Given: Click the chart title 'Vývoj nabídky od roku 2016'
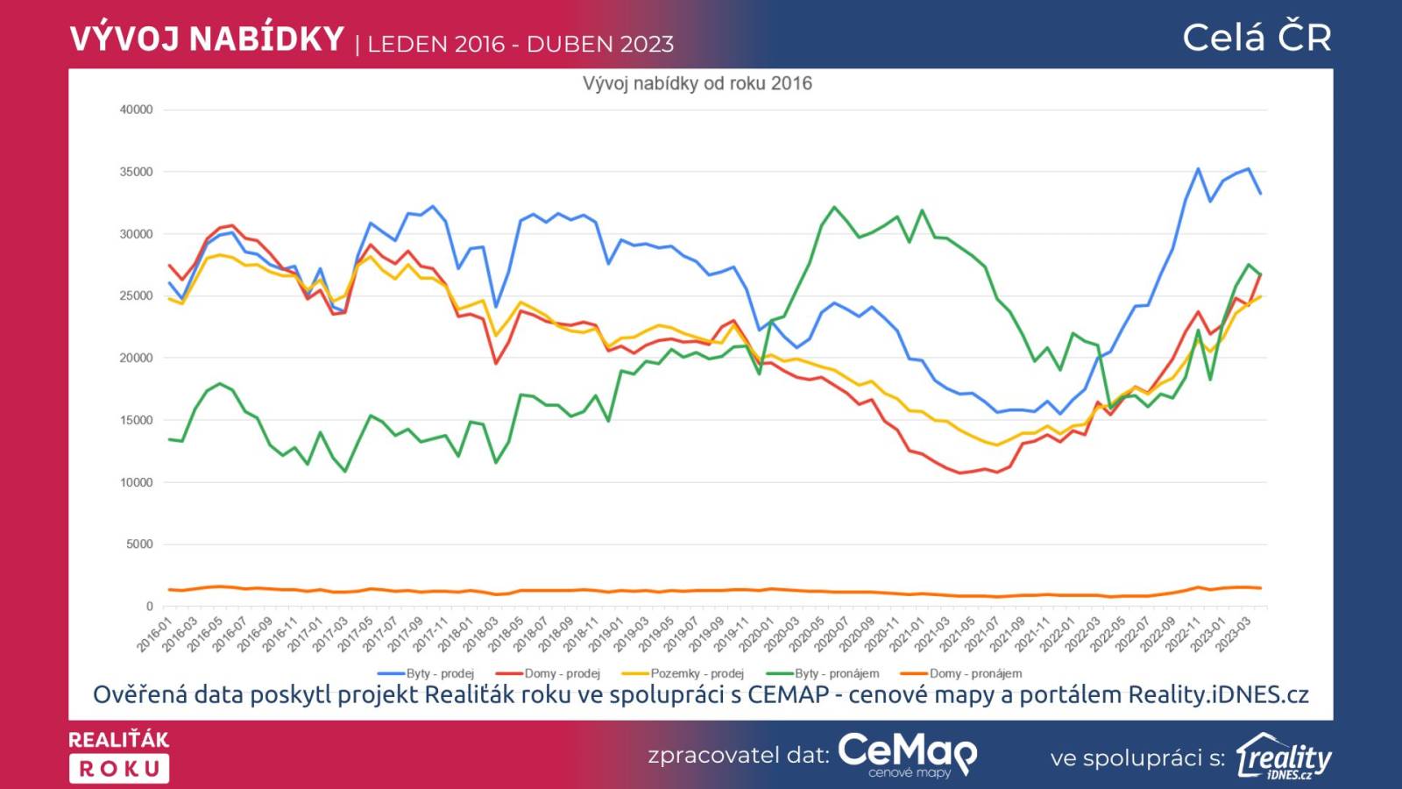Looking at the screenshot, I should [x=697, y=83].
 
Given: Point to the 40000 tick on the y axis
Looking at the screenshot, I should [x=136, y=110].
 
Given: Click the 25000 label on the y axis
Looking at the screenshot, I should [x=136, y=295].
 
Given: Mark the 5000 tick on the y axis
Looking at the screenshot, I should [x=139, y=544].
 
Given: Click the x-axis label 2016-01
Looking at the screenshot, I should [x=154, y=635].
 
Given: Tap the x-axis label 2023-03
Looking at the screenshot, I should [x=1233, y=635].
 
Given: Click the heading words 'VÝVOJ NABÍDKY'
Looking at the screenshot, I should [x=207, y=39].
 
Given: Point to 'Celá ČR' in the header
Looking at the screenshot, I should [x=1257, y=38].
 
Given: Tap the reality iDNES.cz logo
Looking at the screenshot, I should [x=1284, y=757].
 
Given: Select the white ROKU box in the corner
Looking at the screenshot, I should [x=119, y=769].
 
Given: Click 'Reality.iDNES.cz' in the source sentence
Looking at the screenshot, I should [x=1218, y=695].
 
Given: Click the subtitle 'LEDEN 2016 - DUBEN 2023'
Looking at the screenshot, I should [x=520, y=44].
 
